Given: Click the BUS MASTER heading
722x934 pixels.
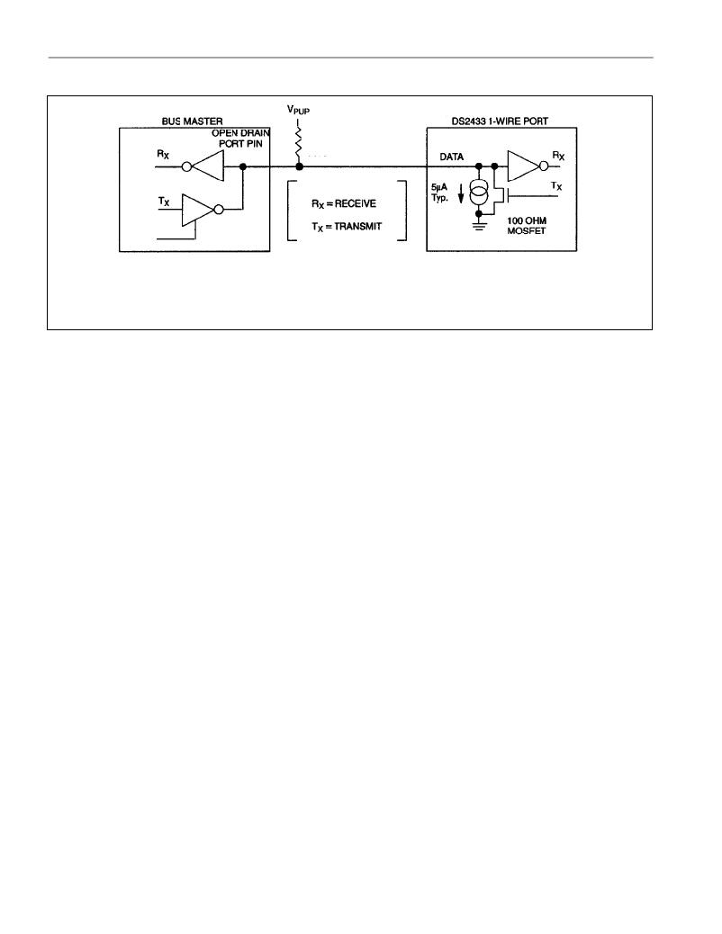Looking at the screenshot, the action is point(192,121).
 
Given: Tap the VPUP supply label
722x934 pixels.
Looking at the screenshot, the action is point(299,110).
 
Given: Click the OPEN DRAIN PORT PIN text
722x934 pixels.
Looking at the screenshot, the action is point(241,139).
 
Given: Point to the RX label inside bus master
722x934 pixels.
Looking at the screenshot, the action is point(163,154).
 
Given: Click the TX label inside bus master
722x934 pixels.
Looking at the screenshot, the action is point(164,202).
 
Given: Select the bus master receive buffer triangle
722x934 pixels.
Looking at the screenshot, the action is point(208,166).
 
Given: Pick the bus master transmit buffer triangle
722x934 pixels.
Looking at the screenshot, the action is point(197,210).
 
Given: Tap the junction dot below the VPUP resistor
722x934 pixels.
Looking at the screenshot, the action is point(299,166).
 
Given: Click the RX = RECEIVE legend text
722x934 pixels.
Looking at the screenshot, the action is point(344,203).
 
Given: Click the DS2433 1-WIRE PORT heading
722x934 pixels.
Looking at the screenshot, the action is point(500,121).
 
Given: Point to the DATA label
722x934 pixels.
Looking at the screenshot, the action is point(451,157).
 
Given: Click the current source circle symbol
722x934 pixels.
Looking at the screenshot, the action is point(479,194).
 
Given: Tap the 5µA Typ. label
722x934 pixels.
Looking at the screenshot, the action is point(440,192).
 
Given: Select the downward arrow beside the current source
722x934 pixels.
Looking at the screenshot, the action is point(460,193).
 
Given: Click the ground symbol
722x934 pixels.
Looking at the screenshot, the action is point(478,226).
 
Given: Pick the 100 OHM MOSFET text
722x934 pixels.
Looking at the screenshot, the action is point(527,226).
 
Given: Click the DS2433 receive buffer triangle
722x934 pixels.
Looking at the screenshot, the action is point(523,166).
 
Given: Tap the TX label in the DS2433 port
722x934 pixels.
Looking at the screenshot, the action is point(556,186).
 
